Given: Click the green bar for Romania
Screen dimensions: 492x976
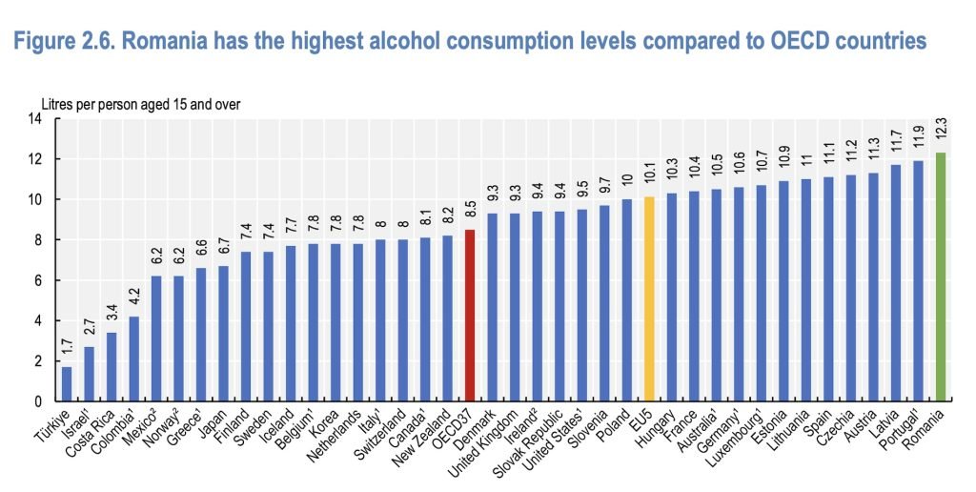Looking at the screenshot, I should tap(941, 277).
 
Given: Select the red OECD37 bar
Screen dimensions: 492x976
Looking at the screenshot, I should tap(469, 315).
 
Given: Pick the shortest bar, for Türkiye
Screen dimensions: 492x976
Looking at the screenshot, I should tap(67, 383).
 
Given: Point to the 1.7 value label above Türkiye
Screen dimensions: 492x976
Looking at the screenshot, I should tap(67, 350).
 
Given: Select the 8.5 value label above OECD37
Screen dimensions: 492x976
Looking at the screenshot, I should tap(469, 213).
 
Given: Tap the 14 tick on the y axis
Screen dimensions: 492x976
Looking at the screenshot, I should tap(35, 119).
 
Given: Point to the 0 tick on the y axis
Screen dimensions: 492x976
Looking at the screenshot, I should tap(38, 401).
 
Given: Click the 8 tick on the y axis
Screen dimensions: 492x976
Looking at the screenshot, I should tap(38, 240).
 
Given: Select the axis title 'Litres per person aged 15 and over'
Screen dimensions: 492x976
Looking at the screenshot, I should tap(139, 103).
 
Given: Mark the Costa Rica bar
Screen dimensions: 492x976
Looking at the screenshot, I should tap(112, 366).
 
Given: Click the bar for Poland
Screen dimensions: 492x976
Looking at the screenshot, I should tap(626, 300).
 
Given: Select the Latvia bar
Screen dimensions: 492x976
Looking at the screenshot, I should tap(895, 283).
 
